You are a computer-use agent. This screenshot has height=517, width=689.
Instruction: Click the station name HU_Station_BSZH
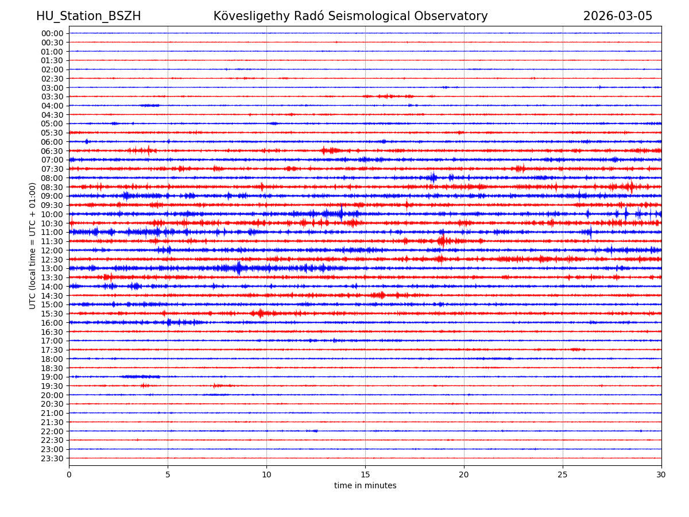point(88,16)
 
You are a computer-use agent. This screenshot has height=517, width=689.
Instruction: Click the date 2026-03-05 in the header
point(618,16)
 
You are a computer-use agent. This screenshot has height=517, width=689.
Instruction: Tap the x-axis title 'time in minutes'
point(365,485)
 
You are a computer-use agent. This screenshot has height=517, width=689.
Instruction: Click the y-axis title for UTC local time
point(33,246)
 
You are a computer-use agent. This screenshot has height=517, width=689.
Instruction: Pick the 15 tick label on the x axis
point(365,474)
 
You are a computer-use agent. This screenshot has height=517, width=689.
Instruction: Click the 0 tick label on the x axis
point(69,474)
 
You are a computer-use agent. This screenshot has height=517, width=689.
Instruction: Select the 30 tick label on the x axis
point(661,474)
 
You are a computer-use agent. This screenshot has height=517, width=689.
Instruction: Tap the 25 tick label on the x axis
point(563,474)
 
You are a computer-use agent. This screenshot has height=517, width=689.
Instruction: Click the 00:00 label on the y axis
point(52,33)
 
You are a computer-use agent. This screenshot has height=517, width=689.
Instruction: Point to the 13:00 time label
point(52,268)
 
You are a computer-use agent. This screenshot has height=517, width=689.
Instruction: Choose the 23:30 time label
point(52,458)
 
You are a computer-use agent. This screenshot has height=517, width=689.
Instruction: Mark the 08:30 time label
point(52,187)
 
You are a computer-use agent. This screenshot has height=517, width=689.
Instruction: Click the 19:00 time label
point(52,377)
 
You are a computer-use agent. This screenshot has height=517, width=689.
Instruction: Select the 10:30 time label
point(52,223)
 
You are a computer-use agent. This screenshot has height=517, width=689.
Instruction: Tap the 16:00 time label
point(52,323)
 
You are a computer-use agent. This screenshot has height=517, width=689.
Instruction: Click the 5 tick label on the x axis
point(168,474)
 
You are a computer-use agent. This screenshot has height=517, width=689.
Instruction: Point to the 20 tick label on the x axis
point(464,474)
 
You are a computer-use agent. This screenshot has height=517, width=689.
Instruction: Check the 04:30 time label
point(52,114)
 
